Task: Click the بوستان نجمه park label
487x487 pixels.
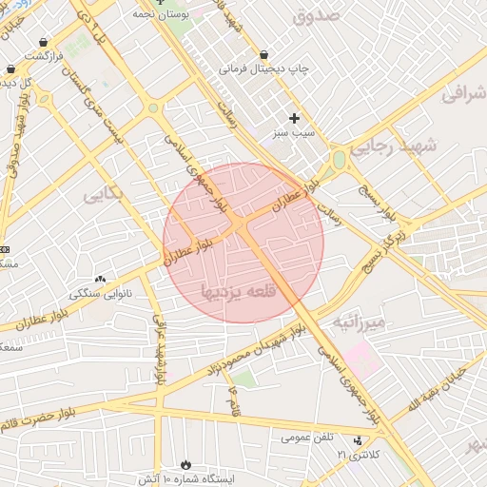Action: point(161,15)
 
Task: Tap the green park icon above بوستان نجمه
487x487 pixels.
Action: point(160,2)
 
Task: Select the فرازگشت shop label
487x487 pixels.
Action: point(45,56)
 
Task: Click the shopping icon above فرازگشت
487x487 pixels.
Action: point(45,42)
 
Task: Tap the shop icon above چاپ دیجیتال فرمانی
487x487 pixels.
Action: point(263,54)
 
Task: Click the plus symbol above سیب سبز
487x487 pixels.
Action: point(294,118)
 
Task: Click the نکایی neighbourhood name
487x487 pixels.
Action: point(103,194)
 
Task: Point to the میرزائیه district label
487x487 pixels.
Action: point(358,323)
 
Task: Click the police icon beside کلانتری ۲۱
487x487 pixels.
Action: point(358,440)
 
